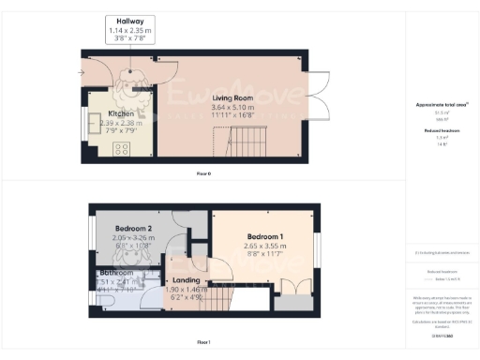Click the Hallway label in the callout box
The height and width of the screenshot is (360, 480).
[130, 22]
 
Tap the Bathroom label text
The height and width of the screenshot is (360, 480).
[115, 272]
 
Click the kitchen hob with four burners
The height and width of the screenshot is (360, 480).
[121, 149]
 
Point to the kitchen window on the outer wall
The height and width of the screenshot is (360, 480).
[87, 124]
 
